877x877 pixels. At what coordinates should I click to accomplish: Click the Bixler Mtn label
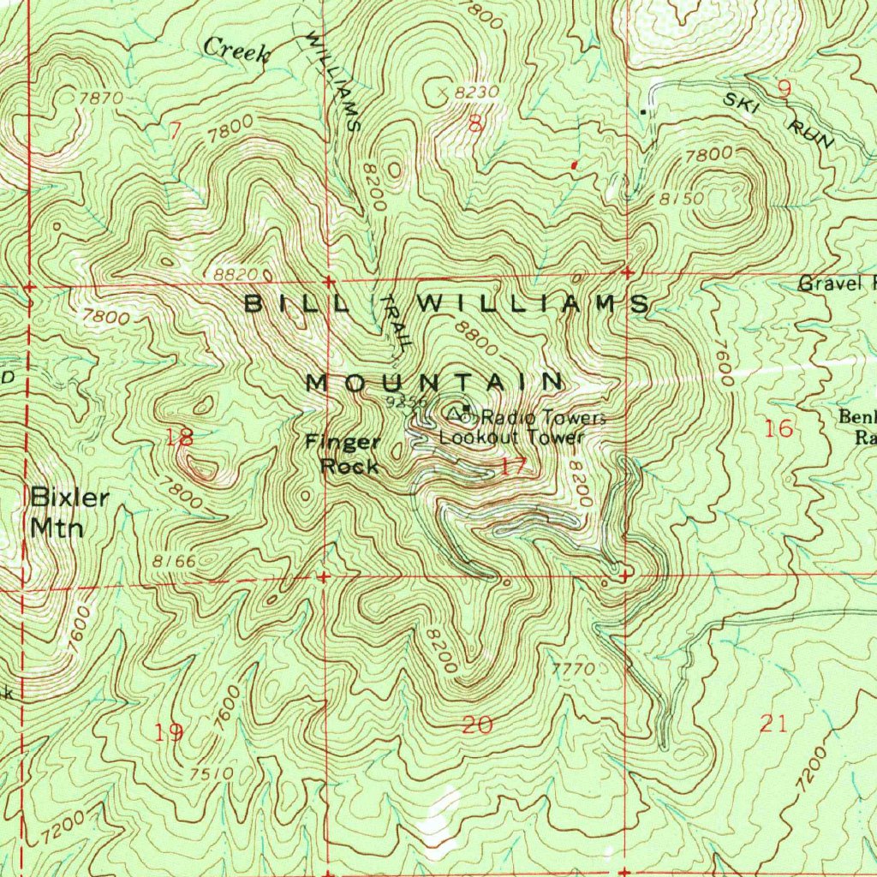(x=58, y=512)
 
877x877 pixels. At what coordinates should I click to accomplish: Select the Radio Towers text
(x=543, y=418)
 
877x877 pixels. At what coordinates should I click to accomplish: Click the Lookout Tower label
(x=511, y=437)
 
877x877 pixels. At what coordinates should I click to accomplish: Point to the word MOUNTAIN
(x=434, y=382)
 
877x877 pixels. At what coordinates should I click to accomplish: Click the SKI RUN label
(x=778, y=120)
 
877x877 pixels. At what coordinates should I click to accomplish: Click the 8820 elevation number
(x=236, y=274)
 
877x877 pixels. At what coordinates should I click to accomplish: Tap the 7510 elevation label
(x=212, y=773)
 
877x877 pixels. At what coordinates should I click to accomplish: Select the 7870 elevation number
(x=100, y=98)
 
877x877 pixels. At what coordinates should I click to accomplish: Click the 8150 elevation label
(x=682, y=199)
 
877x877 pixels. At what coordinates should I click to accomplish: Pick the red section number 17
(x=513, y=467)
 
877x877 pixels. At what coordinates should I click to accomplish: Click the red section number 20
(x=477, y=726)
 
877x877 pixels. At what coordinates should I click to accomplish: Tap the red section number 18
(x=180, y=438)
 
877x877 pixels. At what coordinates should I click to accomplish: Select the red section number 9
(x=784, y=87)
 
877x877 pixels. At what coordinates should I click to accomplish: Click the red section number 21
(x=773, y=724)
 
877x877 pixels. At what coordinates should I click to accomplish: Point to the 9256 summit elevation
(x=404, y=402)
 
